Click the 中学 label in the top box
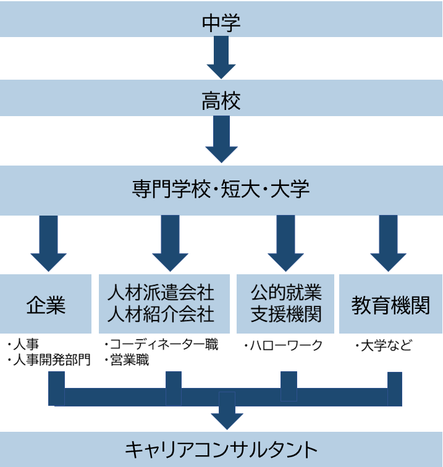tap(221, 23)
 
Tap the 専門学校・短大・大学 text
tap(221, 188)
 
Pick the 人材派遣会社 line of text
tap(161, 292)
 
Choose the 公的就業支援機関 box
tap(286, 304)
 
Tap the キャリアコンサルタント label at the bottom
tap(221, 449)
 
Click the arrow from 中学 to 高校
tap(221, 58)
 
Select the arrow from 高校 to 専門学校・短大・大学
tap(221, 140)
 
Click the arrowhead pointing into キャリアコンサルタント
tap(226, 416)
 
